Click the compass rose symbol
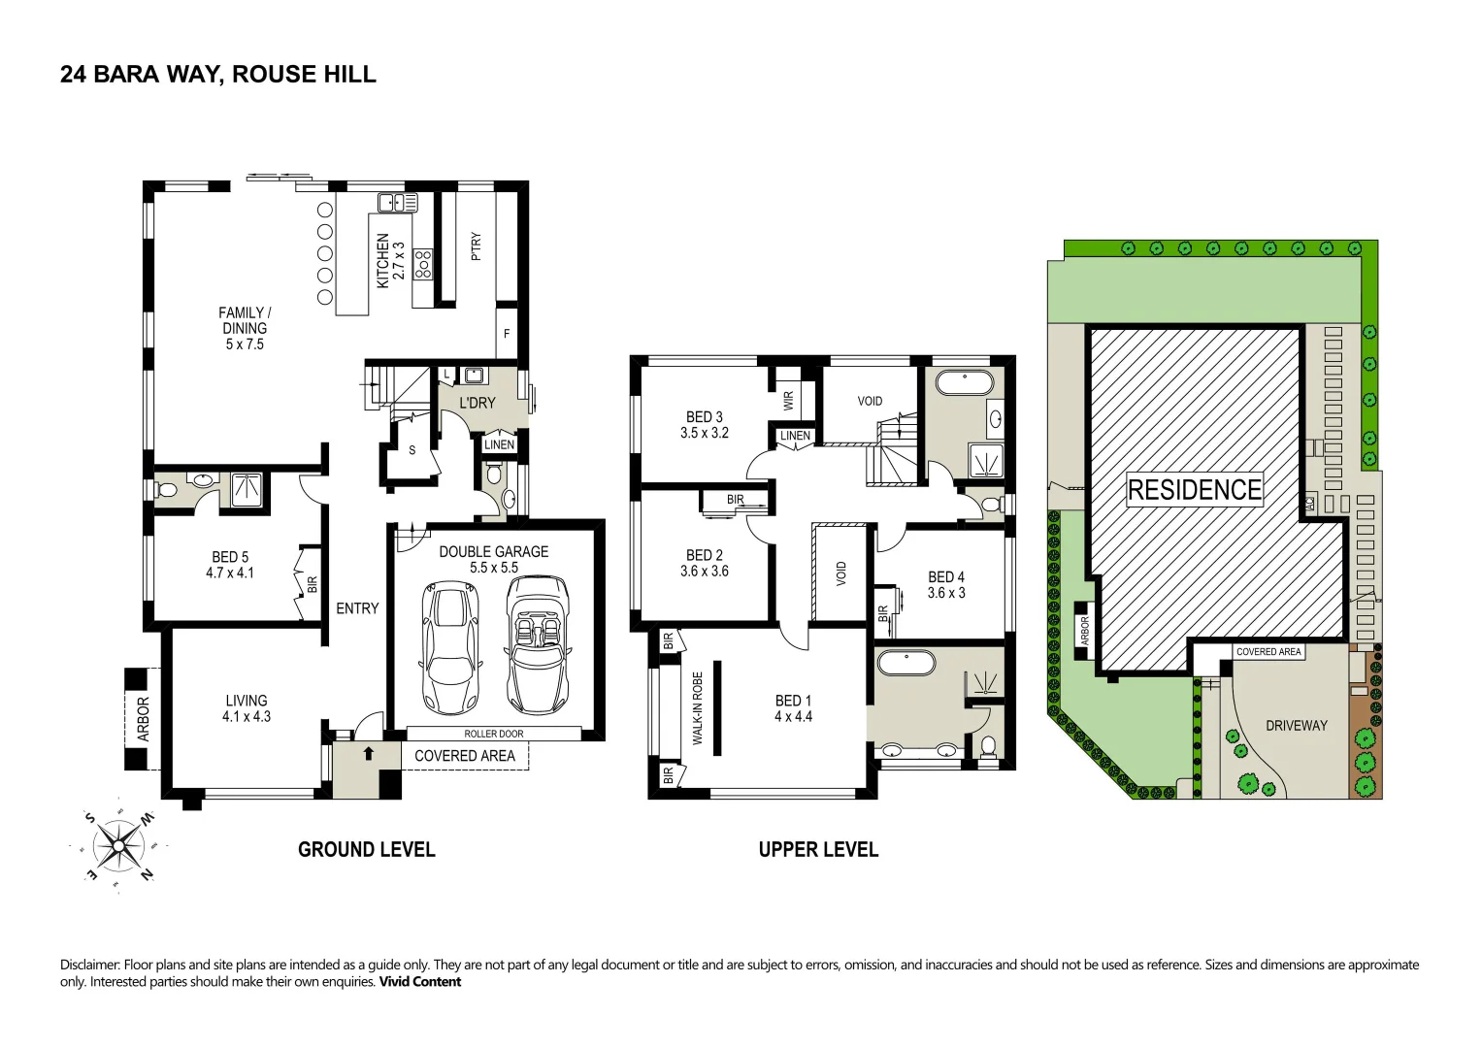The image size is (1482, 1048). [118, 845]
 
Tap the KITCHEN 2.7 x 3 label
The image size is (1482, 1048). [390, 261]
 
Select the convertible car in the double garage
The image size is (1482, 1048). [538, 645]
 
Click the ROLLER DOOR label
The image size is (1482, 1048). [494, 734]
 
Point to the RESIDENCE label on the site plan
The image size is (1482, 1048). [1194, 490]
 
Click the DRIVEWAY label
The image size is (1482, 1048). [1296, 726]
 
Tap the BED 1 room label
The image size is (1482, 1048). [793, 708]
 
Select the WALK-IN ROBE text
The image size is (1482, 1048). [698, 708]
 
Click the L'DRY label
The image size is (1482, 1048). [478, 403]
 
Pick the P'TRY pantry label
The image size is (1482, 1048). [476, 246]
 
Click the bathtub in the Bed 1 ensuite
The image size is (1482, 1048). [906, 664]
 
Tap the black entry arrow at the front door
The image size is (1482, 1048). [369, 753]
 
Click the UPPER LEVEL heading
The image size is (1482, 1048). [818, 849]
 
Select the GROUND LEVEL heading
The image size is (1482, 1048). [367, 849]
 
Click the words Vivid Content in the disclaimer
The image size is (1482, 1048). [419, 982]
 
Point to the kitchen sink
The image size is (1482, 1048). [398, 203]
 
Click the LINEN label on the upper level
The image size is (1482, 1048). [795, 436]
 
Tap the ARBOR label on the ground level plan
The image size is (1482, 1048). [143, 719]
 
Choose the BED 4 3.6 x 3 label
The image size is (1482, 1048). [946, 585]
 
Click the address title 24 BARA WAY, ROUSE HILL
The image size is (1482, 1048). [218, 74]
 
